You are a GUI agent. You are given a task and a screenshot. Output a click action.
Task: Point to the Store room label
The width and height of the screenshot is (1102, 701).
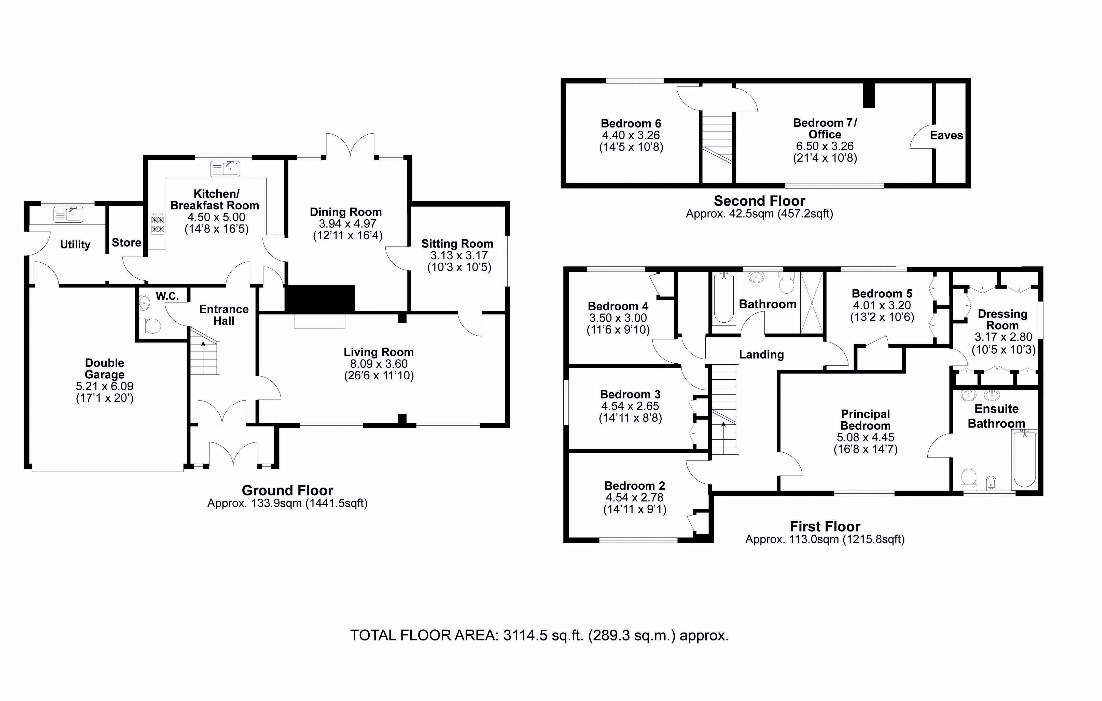(x=126, y=242)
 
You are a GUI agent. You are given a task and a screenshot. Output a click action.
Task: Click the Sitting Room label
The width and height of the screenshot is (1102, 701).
(x=457, y=244)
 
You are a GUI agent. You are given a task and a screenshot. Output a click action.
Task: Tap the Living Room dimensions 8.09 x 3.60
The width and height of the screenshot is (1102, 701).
(x=379, y=364)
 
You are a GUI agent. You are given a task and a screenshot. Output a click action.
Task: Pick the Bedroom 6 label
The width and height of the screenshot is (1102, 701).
(x=631, y=124)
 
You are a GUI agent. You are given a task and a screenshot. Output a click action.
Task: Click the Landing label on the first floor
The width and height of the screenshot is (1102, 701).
(x=761, y=355)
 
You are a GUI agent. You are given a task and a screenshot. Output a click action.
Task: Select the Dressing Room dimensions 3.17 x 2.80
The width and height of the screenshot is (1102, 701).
(x=1003, y=337)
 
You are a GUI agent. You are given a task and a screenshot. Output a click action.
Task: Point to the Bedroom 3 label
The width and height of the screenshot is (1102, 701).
(x=630, y=394)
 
